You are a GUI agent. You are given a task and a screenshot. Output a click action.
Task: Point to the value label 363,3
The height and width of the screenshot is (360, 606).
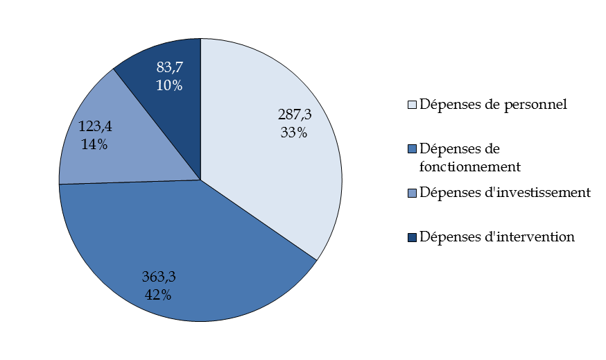point(159,277)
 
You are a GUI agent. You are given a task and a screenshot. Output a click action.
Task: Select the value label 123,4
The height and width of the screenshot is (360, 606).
point(94,127)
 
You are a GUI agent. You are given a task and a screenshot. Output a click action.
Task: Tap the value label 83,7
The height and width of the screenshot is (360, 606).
point(169,67)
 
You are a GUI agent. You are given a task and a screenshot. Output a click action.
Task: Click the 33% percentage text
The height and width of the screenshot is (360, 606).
point(294,132)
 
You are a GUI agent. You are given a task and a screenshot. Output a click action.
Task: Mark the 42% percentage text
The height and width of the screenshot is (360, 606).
point(158,294)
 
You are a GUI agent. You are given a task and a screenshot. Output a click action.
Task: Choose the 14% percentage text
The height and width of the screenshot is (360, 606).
point(94,145)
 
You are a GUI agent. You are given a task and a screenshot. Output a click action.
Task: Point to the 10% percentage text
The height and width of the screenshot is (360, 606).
point(169,85)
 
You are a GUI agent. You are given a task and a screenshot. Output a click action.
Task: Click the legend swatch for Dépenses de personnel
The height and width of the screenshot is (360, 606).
point(412,105)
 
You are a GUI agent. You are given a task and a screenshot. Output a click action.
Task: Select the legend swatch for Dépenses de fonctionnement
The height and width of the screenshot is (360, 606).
point(412,149)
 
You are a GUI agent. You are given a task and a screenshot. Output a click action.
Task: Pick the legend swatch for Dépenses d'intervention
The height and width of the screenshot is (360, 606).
point(412,237)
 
